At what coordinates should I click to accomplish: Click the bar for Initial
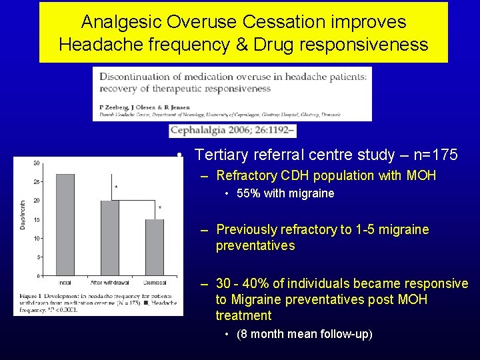pos(65,225)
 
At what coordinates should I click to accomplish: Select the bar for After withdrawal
pos(109,238)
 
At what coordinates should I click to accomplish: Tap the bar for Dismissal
pos(155,247)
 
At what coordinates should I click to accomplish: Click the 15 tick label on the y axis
pos(35,219)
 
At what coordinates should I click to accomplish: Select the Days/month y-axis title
pos(22,215)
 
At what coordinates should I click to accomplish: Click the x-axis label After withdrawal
pos(108,283)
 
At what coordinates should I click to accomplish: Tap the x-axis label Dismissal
pos(154,283)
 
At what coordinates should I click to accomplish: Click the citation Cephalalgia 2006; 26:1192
pos(221,130)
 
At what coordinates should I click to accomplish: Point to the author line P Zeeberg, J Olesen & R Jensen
pos(145,107)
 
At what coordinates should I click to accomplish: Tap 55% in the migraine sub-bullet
pos(249,194)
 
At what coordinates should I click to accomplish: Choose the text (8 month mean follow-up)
pos(305,334)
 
